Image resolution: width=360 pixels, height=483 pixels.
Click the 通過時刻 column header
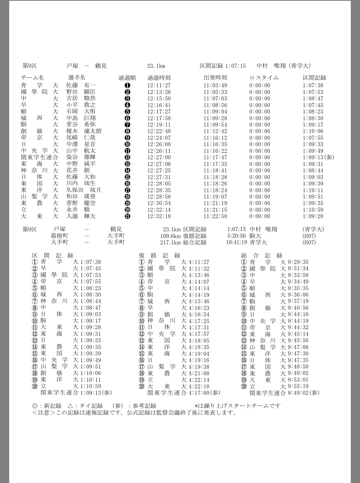tap(159, 78)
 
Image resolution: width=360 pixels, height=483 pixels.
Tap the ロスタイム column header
tap(264, 78)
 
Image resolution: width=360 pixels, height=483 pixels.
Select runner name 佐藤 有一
tap(81, 85)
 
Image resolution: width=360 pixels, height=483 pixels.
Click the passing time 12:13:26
tap(159, 92)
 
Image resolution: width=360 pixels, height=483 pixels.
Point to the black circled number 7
tap(128, 125)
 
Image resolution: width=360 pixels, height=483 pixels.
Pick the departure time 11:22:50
tap(215, 216)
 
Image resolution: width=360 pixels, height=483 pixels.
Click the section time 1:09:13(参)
tap(318, 157)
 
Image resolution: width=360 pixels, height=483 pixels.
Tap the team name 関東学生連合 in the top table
tap(40, 157)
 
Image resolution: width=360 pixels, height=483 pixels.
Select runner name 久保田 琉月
tap(83, 190)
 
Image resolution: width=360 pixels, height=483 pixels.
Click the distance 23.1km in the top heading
tap(156, 66)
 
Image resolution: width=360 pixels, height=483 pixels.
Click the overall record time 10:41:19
tap(236, 242)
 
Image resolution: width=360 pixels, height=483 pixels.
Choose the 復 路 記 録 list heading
tap(160, 255)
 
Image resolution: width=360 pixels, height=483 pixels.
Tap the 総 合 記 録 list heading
tap(262, 255)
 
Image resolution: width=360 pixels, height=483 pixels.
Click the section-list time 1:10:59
tap(91, 386)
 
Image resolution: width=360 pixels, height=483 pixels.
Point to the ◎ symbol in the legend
tap(35, 406)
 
